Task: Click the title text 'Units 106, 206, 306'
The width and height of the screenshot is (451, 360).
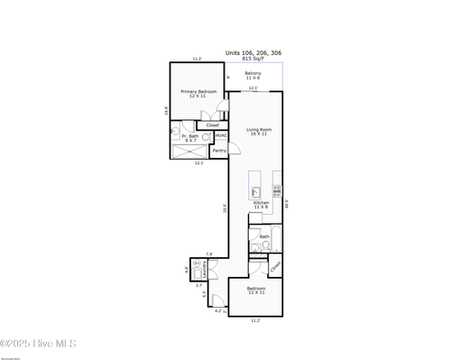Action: point(253,52)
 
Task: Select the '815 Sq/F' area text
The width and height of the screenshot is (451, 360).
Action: point(253,58)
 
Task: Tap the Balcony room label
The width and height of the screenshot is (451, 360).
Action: point(253,76)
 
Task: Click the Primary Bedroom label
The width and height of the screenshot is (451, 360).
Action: point(198,94)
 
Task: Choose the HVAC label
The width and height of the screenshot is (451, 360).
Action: point(221,135)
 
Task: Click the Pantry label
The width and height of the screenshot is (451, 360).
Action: point(219,151)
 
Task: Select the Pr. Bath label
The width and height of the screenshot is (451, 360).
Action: point(190,138)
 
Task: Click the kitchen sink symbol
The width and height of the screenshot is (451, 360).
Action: point(256,191)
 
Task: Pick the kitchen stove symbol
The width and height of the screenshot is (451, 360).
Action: point(277,190)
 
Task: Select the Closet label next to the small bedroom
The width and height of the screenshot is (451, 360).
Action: point(275,265)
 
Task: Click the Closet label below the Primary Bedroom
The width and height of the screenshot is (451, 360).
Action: point(212,125)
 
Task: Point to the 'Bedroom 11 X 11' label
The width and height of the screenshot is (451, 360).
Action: point(256,291)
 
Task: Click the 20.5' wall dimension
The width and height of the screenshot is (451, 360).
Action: point(225,207)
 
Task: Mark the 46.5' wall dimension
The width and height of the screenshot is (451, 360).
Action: point(287,204)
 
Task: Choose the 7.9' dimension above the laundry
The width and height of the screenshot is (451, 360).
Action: point(209,254)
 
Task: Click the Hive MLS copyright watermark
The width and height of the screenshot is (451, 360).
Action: point(38,344)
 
